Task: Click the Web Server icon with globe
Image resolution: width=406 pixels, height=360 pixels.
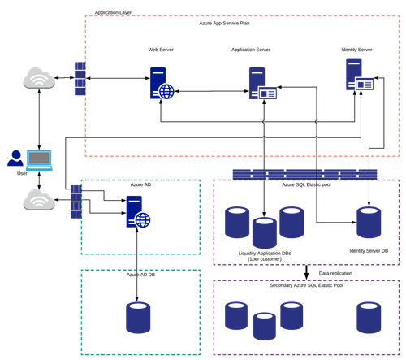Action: [162, 83]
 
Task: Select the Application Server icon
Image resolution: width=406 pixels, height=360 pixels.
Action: [262, 83]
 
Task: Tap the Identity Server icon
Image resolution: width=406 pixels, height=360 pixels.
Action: [359, 74]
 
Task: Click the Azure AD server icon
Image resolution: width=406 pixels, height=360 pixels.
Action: [138, 211]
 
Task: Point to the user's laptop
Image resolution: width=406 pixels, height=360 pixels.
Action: [39, 160]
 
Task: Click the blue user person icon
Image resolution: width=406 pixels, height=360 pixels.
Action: [15, 158]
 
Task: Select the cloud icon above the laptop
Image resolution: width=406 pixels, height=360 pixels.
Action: [39, 78]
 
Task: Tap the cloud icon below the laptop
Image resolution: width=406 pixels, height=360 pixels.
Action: [39, 200]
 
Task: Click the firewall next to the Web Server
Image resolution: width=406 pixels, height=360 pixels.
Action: [80, 79]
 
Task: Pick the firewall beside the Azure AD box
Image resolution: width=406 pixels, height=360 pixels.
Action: [76, 202]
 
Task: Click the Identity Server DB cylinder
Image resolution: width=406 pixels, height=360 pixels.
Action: [369, 223]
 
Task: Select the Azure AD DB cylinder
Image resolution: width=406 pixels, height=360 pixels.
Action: [138, 318]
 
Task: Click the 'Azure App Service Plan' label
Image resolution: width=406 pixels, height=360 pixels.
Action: [224, 24]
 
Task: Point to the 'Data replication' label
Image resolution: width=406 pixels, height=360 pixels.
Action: [335, 273]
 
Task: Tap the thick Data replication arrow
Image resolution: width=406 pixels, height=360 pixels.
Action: [306, 272]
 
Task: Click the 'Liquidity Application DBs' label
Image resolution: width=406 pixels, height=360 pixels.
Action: [265, 254]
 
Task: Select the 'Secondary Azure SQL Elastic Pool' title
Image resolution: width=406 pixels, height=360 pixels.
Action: [306, 285]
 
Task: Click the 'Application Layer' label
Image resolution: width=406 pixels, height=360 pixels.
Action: [113, 12]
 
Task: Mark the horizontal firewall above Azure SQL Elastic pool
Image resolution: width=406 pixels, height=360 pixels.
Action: [304, 175]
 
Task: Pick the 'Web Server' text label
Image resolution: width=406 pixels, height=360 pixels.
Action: [161, 50]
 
